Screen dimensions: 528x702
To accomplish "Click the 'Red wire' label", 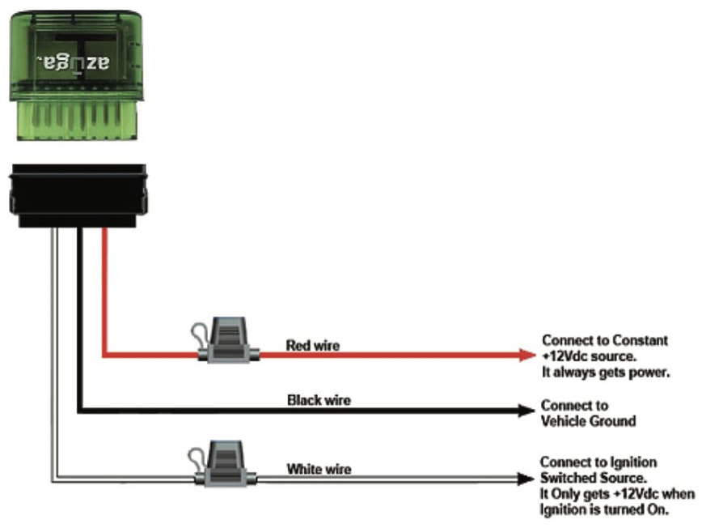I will [x=313, y=346].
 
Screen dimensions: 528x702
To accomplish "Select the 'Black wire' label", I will [x=319, y=400].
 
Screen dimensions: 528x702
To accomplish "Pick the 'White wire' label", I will [x=319, y=469].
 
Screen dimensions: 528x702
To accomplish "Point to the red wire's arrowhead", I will [x=526, y=354].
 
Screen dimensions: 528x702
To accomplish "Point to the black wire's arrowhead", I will [x=525, y=411].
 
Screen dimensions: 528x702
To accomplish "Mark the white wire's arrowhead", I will [x=525, y=479].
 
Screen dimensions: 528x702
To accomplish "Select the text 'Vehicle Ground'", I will [x=588, y=421].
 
